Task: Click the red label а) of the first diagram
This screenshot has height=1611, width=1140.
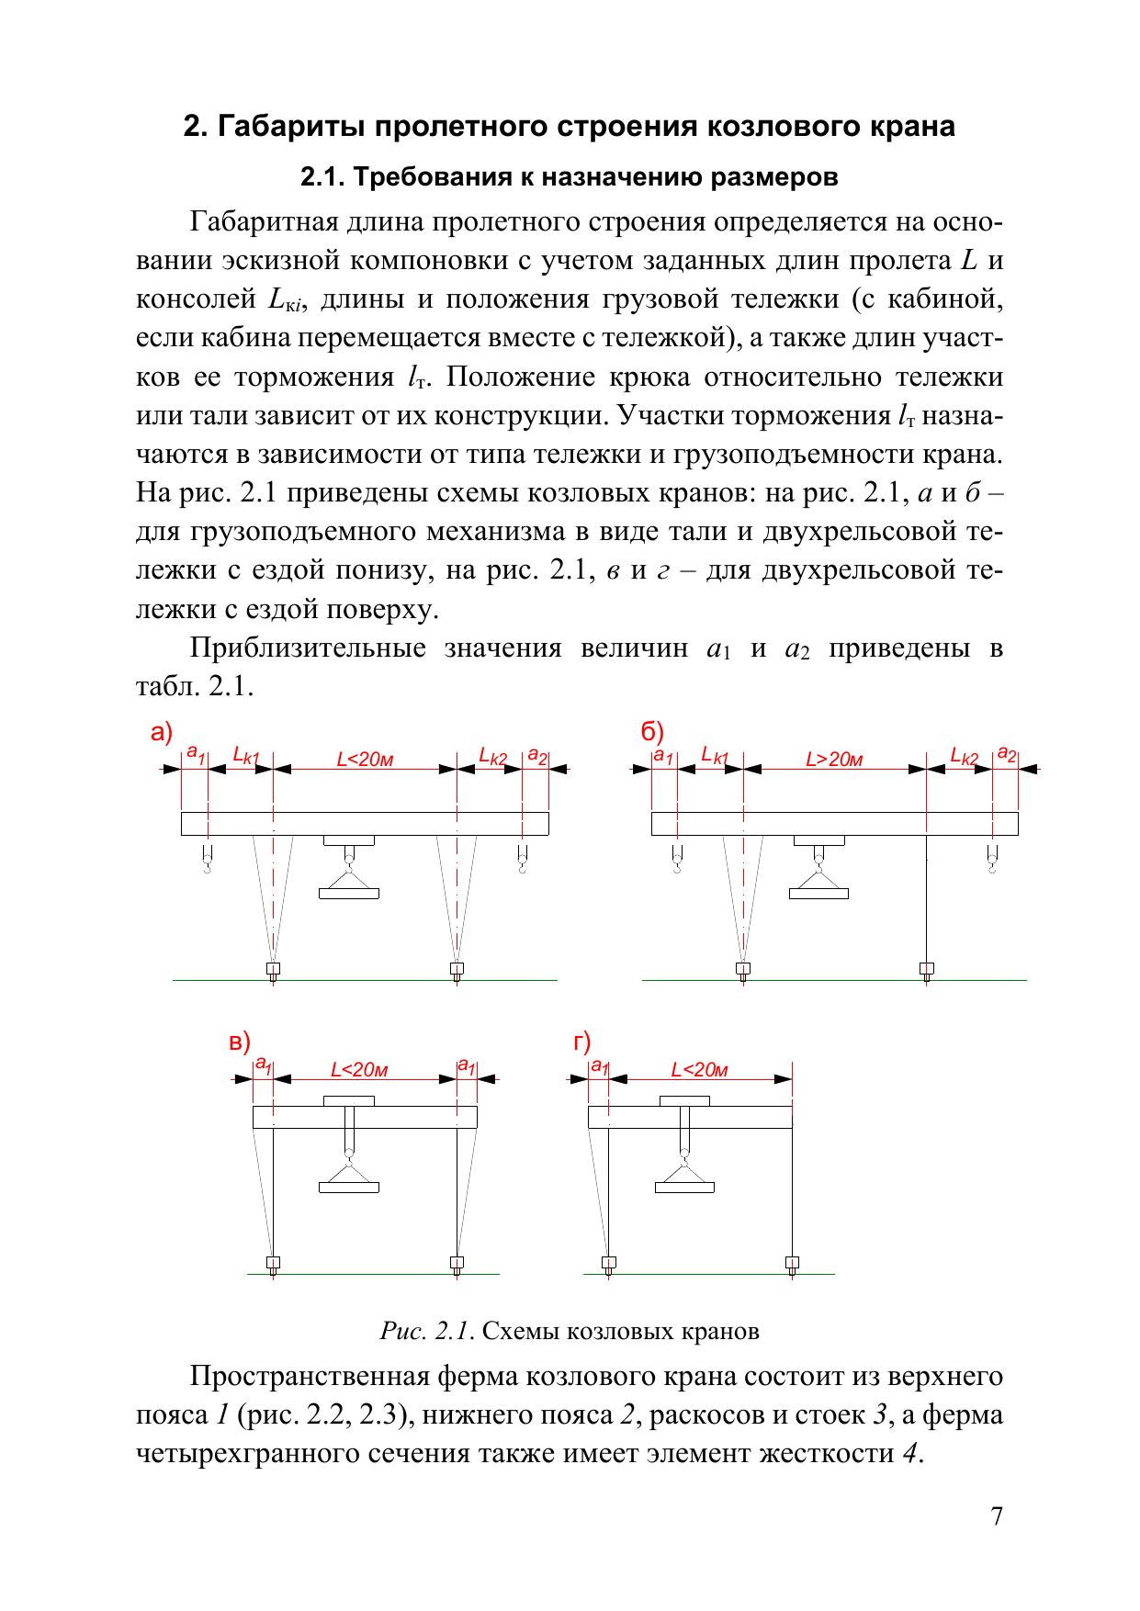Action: pos(162,733)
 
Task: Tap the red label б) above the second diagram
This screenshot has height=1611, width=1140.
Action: pos(652,733)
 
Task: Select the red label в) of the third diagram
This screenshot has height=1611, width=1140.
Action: pos(239,1042)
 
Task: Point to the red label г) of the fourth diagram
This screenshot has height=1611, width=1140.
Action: pos(581,1042)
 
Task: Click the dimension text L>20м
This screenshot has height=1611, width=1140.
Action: pos(834,760)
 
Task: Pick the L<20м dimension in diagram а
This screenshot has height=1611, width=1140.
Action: pos(365,760)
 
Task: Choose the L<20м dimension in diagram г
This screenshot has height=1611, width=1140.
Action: pos(699,1070)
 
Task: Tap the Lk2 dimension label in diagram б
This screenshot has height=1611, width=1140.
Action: pos(965,756)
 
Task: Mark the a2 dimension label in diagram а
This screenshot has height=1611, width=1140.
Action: pos(536,758)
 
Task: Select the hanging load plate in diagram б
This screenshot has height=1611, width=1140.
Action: pos(818,893)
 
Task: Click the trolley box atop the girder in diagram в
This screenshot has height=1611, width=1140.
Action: pos(349,1100)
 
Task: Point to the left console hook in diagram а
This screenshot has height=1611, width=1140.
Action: pos(208,862)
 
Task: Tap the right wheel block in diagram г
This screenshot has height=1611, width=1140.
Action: pos(792,1263)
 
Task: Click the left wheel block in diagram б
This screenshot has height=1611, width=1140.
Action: pos(742,969)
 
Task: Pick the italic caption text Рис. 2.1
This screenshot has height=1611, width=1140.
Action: pos(427,1331)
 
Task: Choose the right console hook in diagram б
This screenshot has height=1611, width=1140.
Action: pos(991,862)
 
